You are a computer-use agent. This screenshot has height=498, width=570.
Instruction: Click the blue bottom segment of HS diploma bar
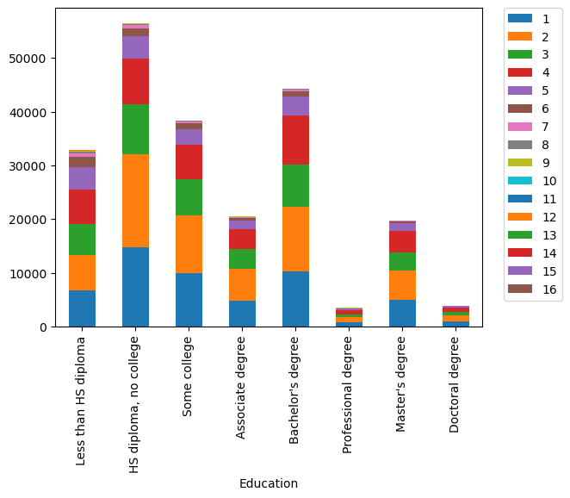tap(135, 287)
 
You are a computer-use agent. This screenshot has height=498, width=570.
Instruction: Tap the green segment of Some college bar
tap(189, 197)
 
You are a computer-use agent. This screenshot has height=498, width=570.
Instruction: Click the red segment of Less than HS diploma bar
tap(82, 207)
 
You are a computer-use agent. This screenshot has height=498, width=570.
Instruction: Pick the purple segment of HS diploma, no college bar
tap(135, 47)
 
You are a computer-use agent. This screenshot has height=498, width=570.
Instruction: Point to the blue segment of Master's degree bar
tap(402, 313)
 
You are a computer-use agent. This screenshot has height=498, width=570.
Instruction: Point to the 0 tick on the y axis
tap(44, 327)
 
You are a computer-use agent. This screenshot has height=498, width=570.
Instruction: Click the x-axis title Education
tap(269, 483)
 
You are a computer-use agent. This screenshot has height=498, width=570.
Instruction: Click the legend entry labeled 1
tap(533, 18)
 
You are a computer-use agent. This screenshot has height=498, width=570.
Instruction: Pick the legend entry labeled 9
tap(533, 163)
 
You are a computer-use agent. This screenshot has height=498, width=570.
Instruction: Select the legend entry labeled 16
tap(533, 289)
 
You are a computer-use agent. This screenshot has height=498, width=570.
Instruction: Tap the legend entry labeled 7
tap(533, 127)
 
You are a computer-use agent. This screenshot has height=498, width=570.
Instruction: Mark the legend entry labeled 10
tap(533, 181)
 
